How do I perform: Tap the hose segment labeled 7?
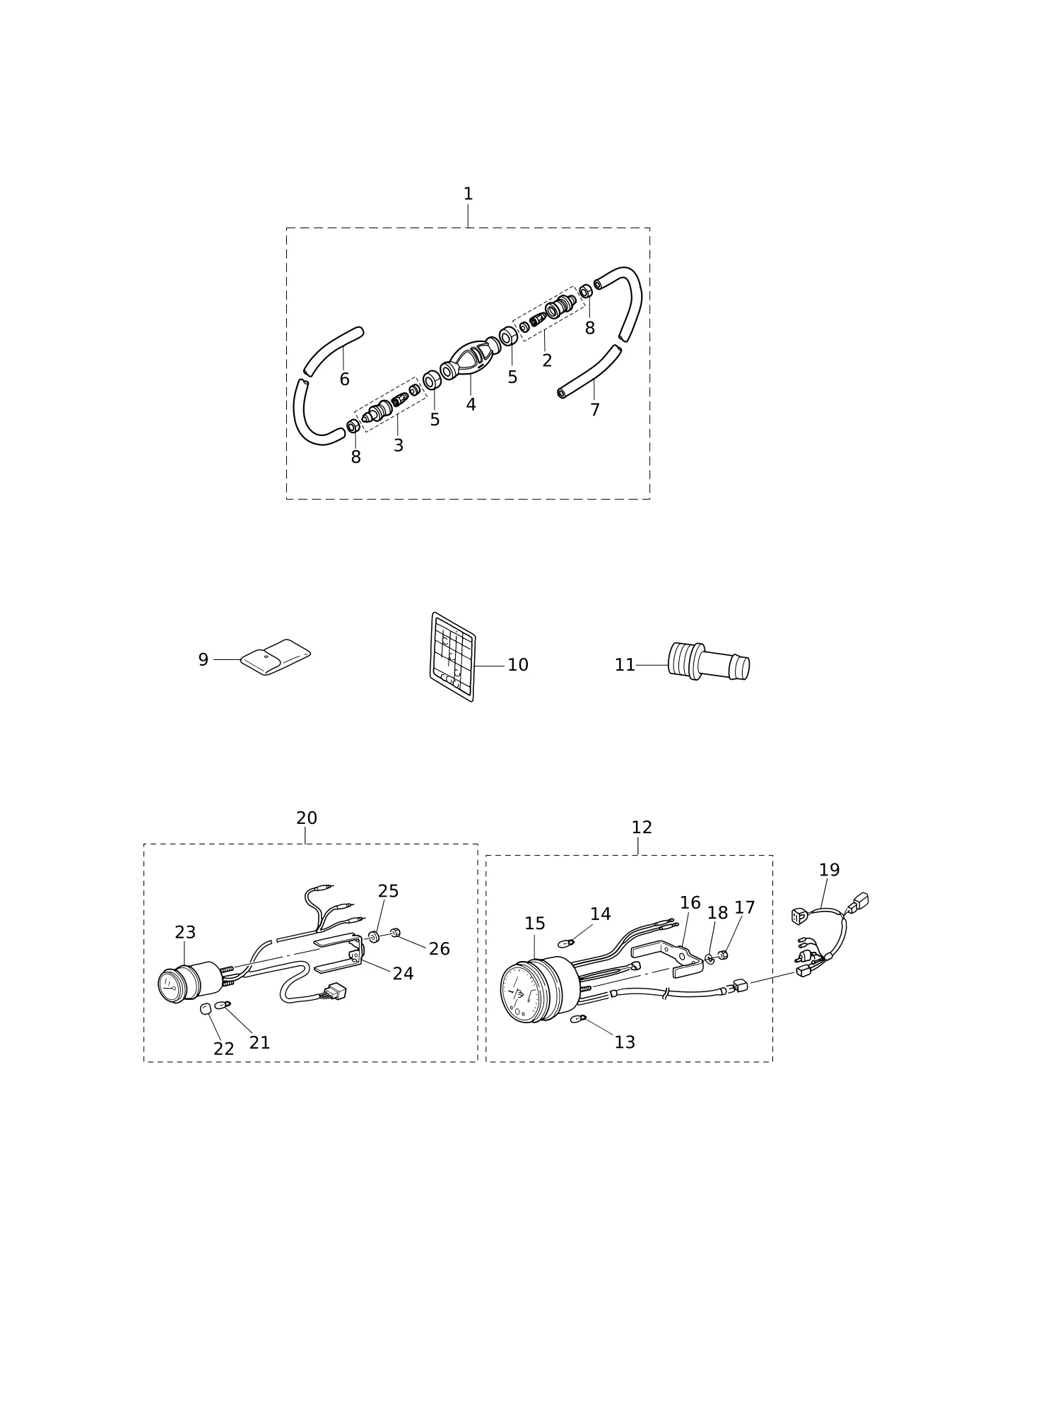591,372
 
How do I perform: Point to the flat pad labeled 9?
275,657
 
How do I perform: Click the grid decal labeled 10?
452,656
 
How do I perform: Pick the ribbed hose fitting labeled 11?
709,661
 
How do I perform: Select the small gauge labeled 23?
189,982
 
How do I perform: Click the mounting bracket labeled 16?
668,960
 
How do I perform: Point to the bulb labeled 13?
578,1018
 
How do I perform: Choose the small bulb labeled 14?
565,943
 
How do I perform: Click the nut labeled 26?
396,933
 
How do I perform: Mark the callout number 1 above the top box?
468,194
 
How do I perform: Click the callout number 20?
307,818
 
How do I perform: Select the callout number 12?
642,827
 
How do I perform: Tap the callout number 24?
403,973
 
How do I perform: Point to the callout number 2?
547,360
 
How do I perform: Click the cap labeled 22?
206,1008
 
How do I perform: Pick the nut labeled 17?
723,955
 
